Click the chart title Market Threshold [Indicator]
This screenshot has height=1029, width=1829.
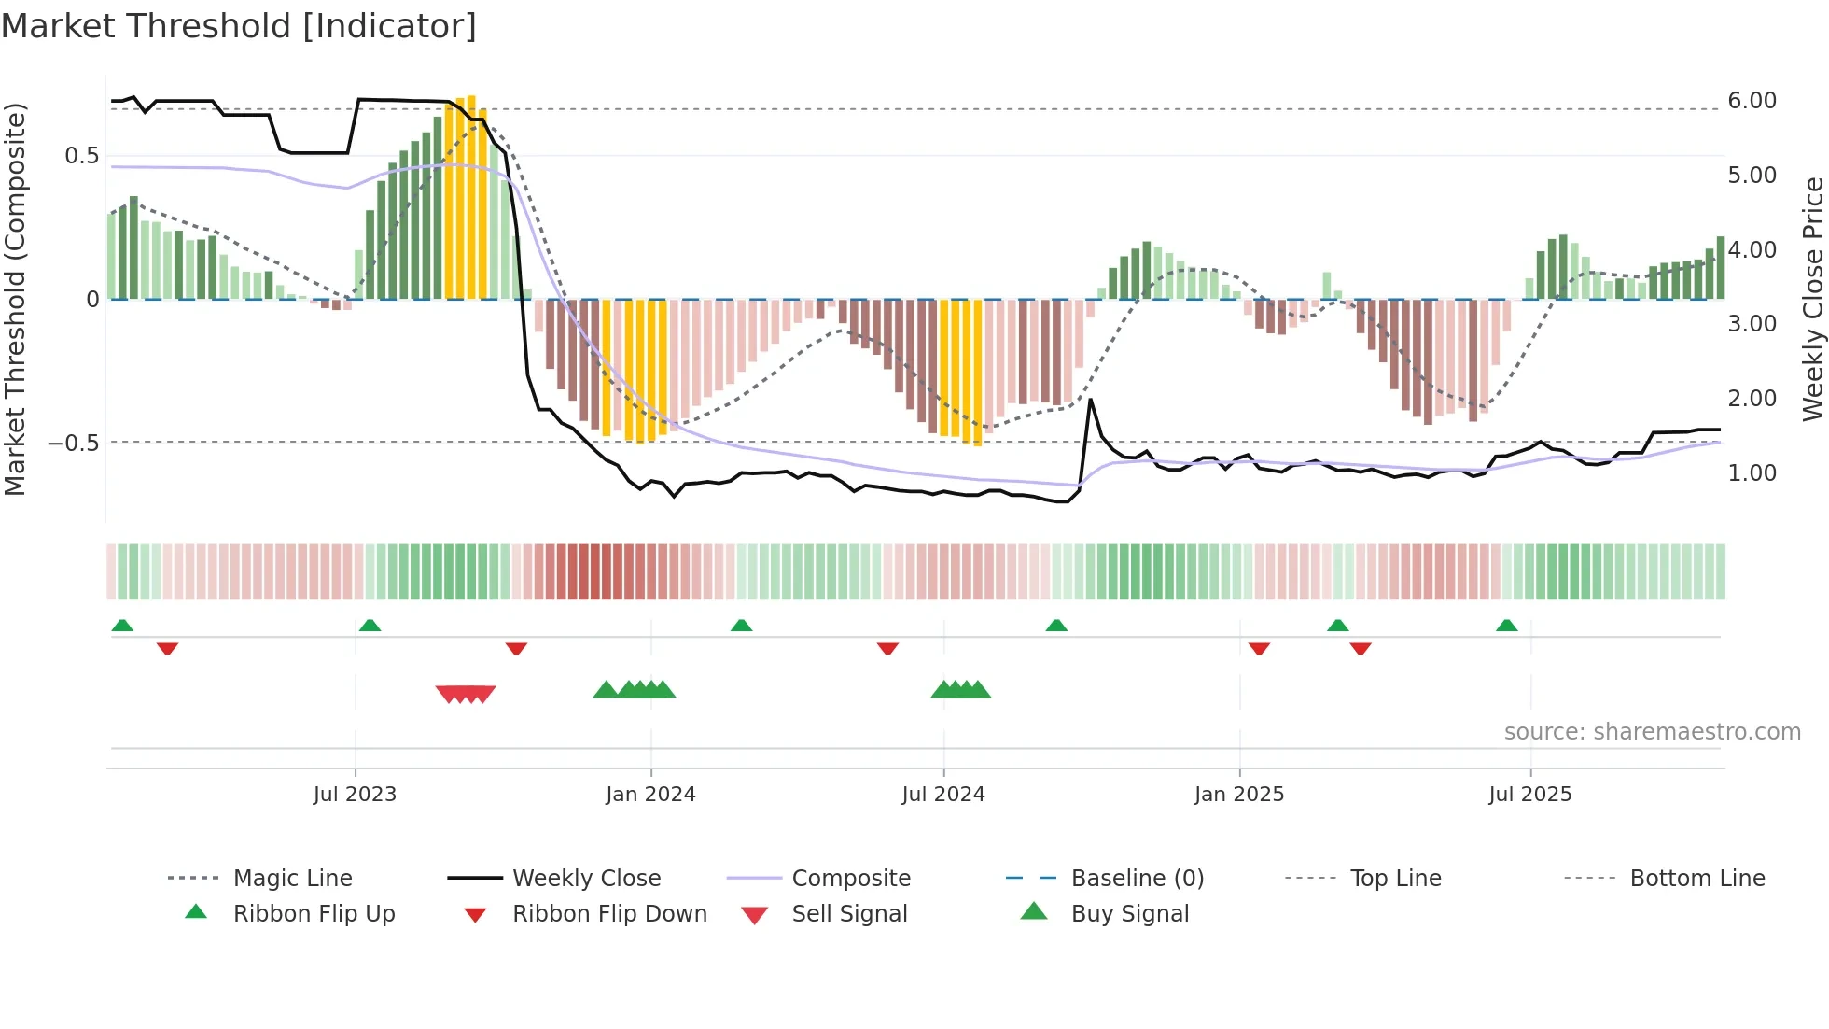pyautogui.click(x=239, y=26)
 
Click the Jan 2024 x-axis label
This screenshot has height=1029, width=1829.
pyautogui.click(x=650, y=795)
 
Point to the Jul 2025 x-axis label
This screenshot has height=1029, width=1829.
pyautogui.click(x=1529, y=795)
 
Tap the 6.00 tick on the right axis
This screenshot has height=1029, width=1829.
pyautogui.click(x=1752, y=101)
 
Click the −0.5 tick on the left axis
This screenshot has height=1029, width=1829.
pyautogui.click(x=73, y=443)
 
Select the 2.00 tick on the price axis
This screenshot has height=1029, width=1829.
pyautogui.click(x=1752, y=399)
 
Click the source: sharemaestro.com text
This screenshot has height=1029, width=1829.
pyautogui.click(x=1652, y=732)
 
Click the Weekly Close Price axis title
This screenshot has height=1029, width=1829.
pyautogui.click(x=1812, y=299)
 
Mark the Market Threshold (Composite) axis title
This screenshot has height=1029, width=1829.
pyautogui.click(x=15, y=299)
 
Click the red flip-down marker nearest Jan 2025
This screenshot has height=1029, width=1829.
pyautogui.click(x=1259, y=647)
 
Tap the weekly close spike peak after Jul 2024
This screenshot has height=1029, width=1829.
pyautogui.click(x=1090, y=400)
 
